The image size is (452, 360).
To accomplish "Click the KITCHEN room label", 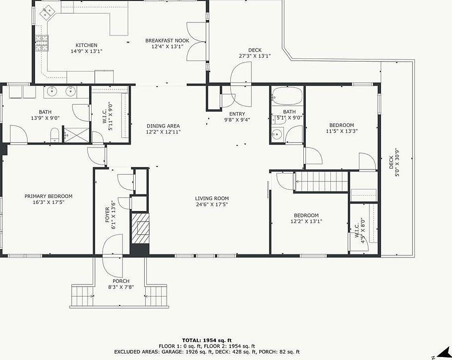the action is point(87,45).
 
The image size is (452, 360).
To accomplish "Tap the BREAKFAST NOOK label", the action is point(167,40).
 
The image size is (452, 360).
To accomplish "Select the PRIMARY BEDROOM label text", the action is point(49,196).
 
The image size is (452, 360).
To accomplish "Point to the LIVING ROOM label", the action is point(212,198).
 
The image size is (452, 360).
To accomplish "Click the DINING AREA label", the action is point(163,126).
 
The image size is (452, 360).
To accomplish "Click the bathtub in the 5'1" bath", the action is point(287,95).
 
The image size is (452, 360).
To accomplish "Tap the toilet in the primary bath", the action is point(55,135).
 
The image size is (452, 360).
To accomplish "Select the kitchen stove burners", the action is point(42,42).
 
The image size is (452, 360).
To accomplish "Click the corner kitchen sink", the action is point(48,13).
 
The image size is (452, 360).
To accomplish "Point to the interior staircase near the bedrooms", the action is point(321,181).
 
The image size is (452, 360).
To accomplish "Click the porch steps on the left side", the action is point(83,296).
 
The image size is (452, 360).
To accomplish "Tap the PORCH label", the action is point(121,281).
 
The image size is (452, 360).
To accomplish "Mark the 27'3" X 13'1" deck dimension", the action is point(255,56).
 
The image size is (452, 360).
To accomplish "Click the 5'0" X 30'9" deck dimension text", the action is point(397,162).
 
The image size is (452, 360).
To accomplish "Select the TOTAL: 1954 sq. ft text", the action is point(207,340).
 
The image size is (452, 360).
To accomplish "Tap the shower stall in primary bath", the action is point(76,135).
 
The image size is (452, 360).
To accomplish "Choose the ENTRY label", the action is point(237,114).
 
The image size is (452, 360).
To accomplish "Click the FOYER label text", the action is point(107,215).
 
